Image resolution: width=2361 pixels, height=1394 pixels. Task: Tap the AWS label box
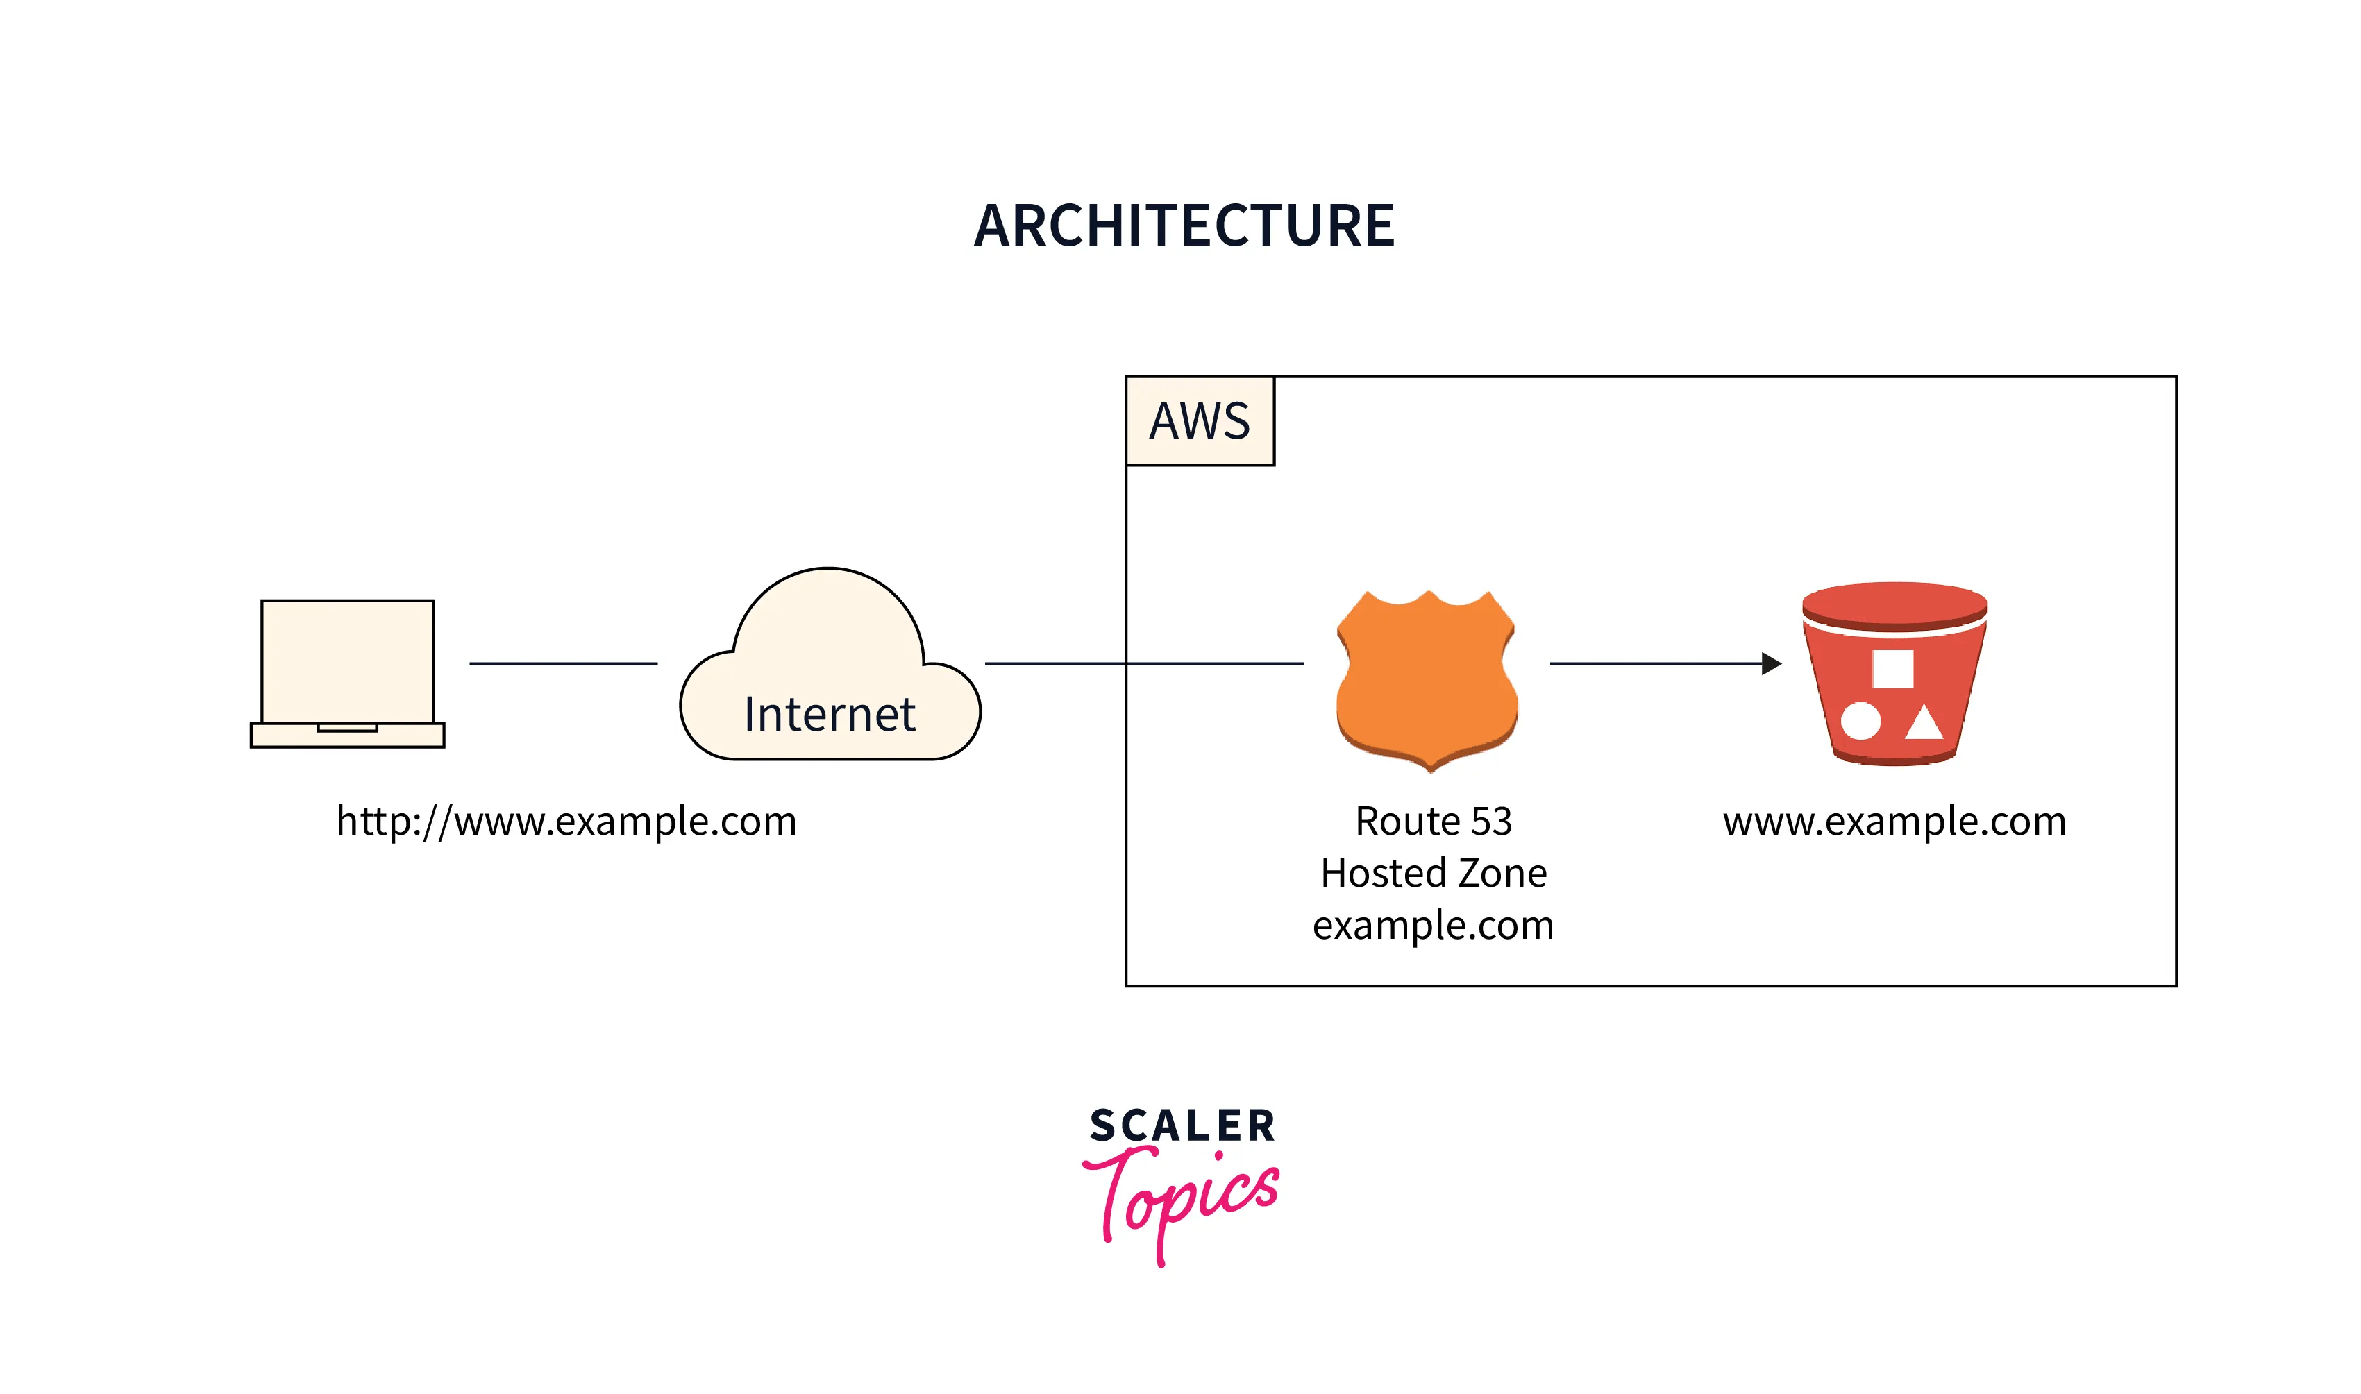pyautogui.click(x=1200, y=420)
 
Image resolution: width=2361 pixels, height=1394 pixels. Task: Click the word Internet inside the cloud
pyautogui.click(x=829, y=715)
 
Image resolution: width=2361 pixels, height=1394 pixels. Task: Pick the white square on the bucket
pyautogui.click(x=1892, y=669)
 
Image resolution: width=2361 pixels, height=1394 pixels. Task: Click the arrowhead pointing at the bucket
pyautogui.click(x=1770, y=664)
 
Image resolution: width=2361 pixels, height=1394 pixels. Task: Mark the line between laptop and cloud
pyautogui.click(x=563, y=664)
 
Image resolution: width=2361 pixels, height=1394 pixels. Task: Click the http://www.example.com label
pyautogui.click(x=566, y=822)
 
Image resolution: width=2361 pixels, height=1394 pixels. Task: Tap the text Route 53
pyautogui.click(x=1433, y=822)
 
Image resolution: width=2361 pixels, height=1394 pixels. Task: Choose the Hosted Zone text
pyautogui.click(x=1433, y=874)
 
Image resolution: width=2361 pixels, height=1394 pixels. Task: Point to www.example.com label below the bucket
pyautogui.click(x=1893, y=822)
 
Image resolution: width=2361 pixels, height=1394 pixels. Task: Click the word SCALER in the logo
pyautogui.click(x=1182, y=1125)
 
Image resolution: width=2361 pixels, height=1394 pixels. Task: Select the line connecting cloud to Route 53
pyautogui.click(x=1143, y=664)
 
